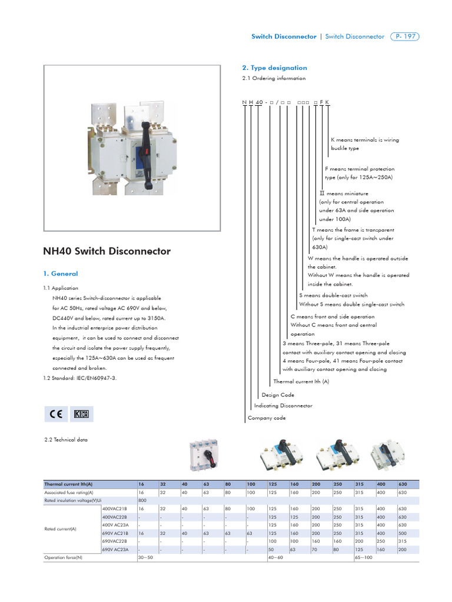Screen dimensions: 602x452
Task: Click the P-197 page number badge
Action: (404, 36)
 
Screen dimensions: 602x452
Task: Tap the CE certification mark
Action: (57, 414)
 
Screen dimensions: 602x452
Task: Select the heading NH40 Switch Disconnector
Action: (107, 251)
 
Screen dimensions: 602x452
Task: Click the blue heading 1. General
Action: (61, 273)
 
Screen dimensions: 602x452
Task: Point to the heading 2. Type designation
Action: (275, 68)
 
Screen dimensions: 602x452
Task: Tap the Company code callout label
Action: (267, 418)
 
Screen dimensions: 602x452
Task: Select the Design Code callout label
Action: (278, 395)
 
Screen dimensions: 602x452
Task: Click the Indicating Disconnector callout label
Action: (283, 406)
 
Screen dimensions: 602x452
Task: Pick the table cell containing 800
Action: (142, 500)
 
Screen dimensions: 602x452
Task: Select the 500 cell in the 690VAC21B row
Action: (403, 533)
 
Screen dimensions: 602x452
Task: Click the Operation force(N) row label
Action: (63, 557)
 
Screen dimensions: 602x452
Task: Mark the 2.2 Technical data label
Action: (64, 439)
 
